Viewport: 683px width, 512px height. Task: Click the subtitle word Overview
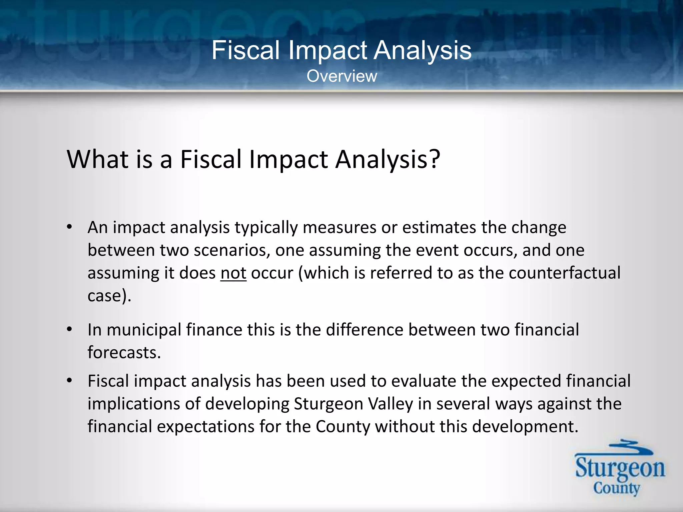point(341,76)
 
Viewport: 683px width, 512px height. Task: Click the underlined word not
point(233,273)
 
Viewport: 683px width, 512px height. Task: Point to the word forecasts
point(124,353)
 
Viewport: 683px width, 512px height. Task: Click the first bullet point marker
point(69,228)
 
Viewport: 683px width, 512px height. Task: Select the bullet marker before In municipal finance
point(69,330)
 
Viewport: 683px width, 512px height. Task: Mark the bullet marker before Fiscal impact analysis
point(69,381)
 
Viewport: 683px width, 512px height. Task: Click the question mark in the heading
point(434,159)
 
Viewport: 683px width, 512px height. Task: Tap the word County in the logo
point(616,489)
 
